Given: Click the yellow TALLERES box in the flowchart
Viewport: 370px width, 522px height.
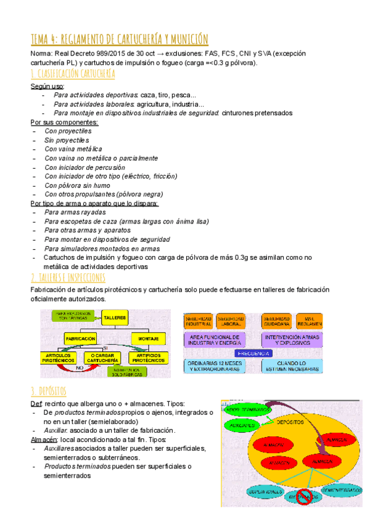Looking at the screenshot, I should click(114, 318).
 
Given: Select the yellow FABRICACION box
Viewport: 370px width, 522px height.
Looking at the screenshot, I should click(80, 339).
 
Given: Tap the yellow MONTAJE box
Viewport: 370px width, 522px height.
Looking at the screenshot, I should click(148, 339).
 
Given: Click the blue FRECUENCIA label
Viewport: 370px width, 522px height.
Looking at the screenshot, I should click(253, 353).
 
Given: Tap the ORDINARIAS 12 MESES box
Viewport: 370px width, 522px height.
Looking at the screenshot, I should click(214, 366).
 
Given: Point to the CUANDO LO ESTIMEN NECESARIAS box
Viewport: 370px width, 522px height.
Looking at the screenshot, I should click(292, 366).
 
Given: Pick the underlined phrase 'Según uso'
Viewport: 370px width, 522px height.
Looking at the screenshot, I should click(47, 86).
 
